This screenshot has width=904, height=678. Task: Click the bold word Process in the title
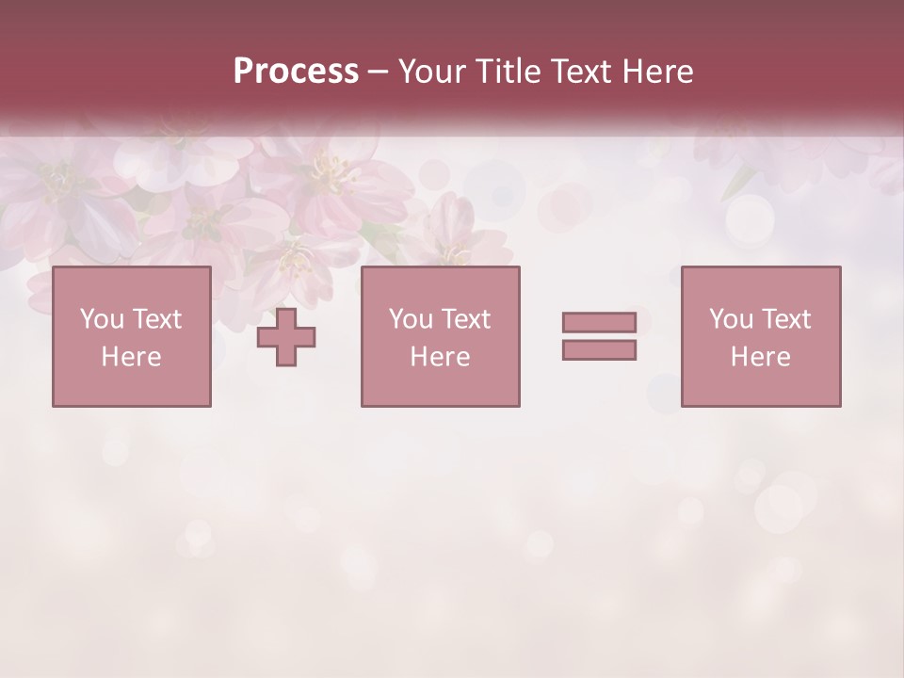296,72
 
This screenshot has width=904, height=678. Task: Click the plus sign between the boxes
286,337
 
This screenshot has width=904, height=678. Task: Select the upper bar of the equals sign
599,322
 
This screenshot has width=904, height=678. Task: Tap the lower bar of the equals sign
599,350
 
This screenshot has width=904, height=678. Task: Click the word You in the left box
102,319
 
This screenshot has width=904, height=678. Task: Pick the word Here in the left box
131,357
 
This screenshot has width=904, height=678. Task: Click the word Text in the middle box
466,319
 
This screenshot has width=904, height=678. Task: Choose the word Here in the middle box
440,357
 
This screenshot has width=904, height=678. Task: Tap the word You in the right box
732,319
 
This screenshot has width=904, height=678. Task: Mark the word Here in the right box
760,357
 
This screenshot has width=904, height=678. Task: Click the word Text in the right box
786,319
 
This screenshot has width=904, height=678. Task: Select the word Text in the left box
156,319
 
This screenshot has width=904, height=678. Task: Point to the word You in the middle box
412,319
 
